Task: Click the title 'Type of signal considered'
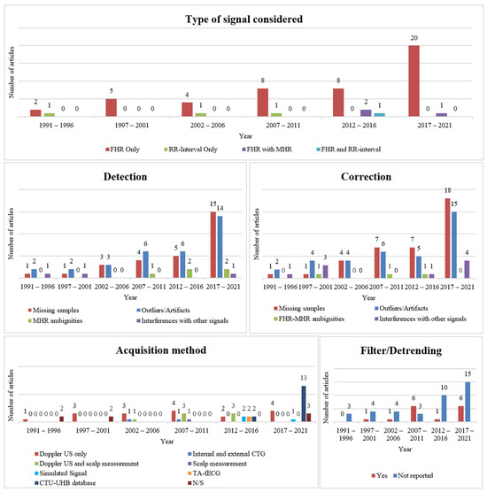[243, 19]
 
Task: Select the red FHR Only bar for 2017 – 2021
[412, 81]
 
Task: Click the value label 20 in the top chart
[412, 39]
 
